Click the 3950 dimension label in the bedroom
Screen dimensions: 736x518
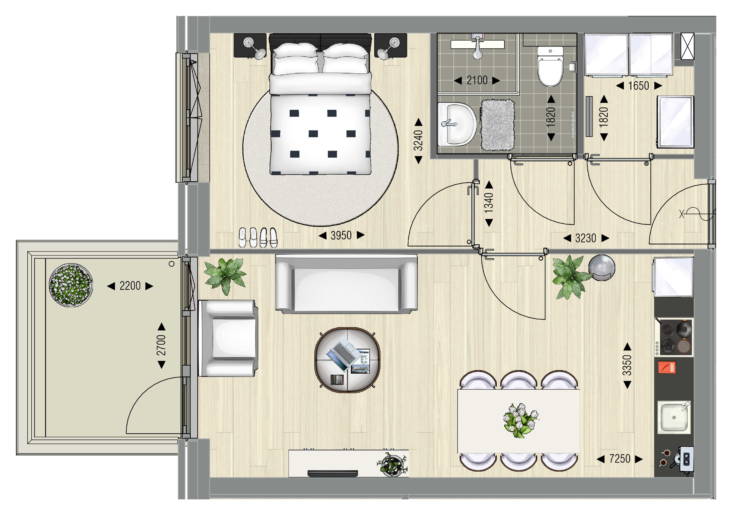coord(341,235)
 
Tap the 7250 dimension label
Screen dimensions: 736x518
coord(620,459)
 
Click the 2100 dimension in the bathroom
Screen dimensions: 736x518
coord(477,80)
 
